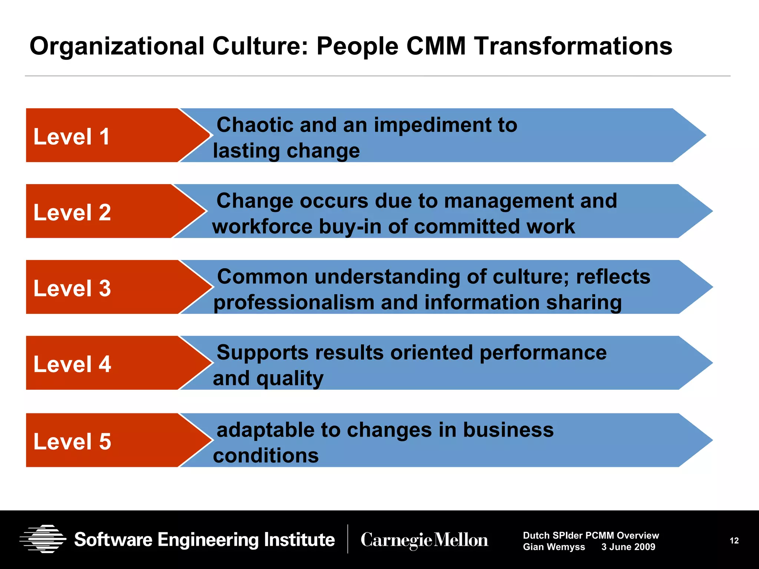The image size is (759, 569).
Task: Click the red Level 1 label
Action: [x=72, y=136]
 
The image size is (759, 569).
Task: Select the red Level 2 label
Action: [x=72, y=212]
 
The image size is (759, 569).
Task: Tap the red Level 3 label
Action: [x=72, y=288]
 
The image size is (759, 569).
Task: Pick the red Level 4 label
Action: [x=72, y=364]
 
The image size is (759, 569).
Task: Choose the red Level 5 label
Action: [x=72, y=441]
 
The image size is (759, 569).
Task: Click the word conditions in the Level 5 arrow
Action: [x=266, y=455]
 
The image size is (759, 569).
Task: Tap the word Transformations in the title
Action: [x=573, y=46]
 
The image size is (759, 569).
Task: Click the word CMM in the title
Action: [x=436, y=46]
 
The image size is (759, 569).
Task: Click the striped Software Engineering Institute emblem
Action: [x=43, y=539]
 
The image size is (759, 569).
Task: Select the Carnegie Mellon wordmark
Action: [x=424, y=540]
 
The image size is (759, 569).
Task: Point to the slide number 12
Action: [x=734, y=541]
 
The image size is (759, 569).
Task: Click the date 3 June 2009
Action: [x=628, y=547]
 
